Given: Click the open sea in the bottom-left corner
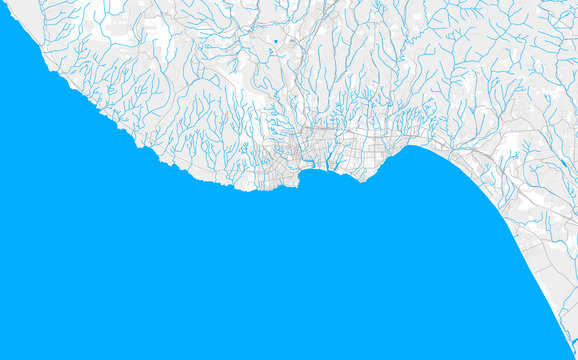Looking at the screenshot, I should tap(40, 320).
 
